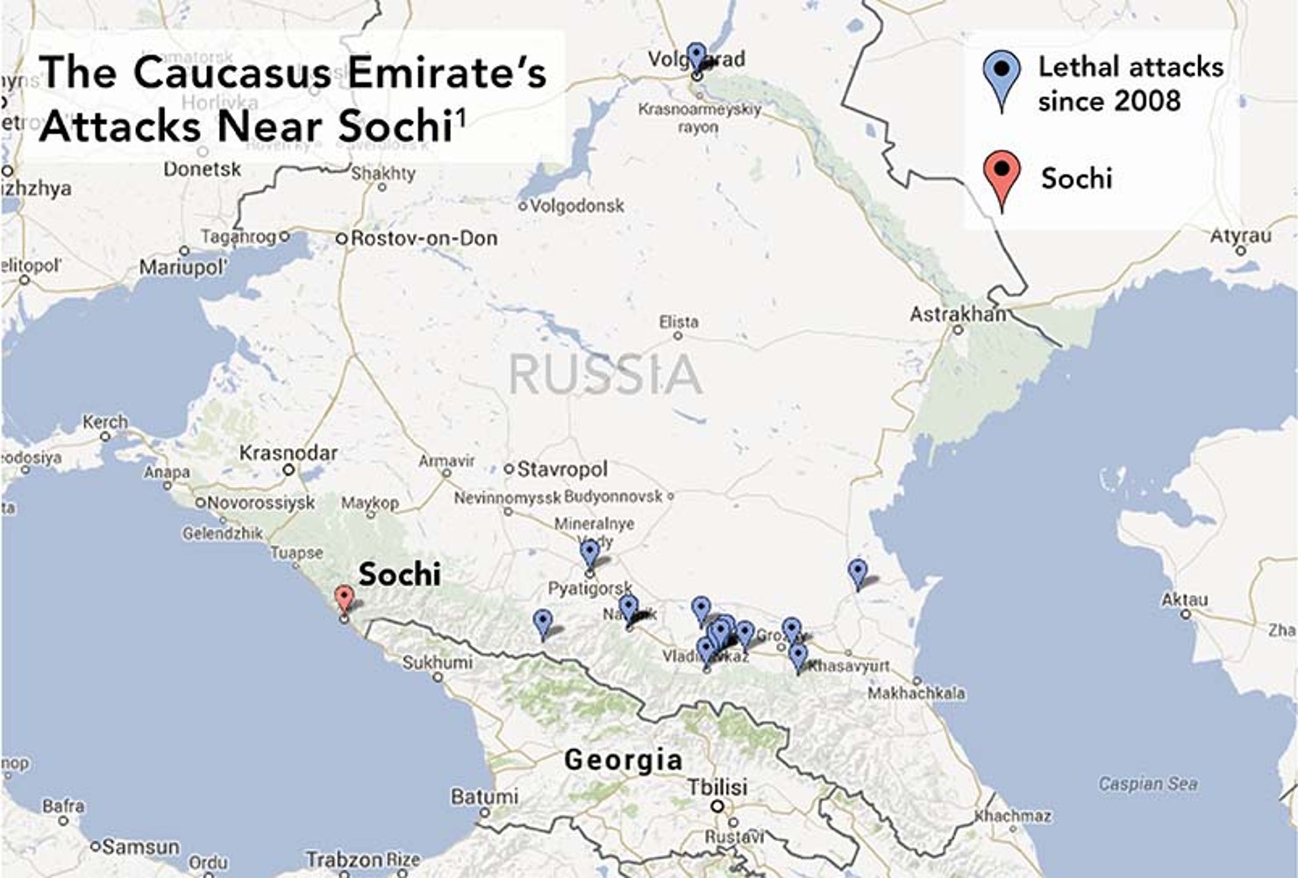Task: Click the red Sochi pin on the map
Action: click(345, 599)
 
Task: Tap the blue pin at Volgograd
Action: click(695, 56)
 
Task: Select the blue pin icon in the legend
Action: click(1002, 76)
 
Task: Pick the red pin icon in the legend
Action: click(1002, 175)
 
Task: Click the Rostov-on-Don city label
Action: click(424, 239)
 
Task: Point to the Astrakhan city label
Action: click(958, 314)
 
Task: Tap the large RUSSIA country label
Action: click(605, 375)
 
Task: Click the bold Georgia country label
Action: click(623, 760)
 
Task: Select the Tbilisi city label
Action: click(717, 787)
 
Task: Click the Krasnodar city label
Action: click(288, 453)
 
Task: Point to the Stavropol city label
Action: click(561, 469)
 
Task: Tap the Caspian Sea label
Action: click(1148, 784)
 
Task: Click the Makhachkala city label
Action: click(916, 693)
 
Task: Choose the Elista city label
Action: click(679, 322)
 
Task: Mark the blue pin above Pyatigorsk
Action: click(590, 553)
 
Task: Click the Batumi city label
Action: click(484, 797)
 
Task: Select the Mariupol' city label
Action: click(183, 267)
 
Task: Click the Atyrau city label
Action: click(1240, 237)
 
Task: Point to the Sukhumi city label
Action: click(437, 662)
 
